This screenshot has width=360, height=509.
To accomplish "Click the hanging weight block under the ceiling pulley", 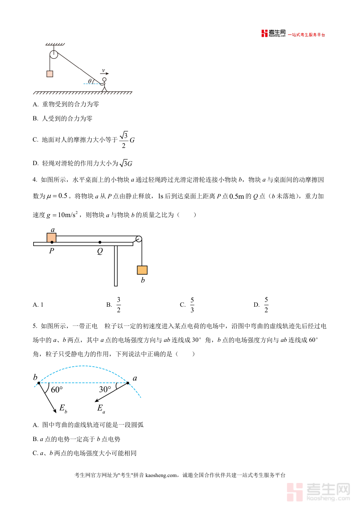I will (x=50, y=74).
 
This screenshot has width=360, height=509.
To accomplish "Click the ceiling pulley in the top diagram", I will (x=54, y=55).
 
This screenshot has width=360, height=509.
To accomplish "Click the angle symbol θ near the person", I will (x=90, y=81).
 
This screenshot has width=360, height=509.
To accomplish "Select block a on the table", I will (x=52, y=238).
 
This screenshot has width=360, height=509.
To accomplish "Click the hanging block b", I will (x=142, y=270).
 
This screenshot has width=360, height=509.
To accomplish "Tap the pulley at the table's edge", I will (x=138, y=239).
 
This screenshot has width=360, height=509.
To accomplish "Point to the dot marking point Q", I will (x=100, y=242).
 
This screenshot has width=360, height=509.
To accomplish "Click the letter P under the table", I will (x=52, y=252).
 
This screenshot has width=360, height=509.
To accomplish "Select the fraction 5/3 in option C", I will (x=192, y=305).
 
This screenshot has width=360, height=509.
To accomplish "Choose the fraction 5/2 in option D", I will (x=266, y=305).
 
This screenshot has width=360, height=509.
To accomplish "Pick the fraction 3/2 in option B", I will (x=119, y=305).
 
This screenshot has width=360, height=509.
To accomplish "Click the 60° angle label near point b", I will (x=57, y=389).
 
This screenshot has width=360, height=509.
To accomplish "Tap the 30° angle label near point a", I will (x=105, y=389).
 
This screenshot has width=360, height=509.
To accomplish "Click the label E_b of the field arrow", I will (x=63, y=408).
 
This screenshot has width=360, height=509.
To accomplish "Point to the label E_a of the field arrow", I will (x=101, y=408).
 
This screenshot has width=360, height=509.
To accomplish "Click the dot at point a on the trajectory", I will (x=128, y=383).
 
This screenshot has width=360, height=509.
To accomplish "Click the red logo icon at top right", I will (x=264, y=33).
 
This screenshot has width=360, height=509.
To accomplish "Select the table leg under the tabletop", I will (x=116, y=265).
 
